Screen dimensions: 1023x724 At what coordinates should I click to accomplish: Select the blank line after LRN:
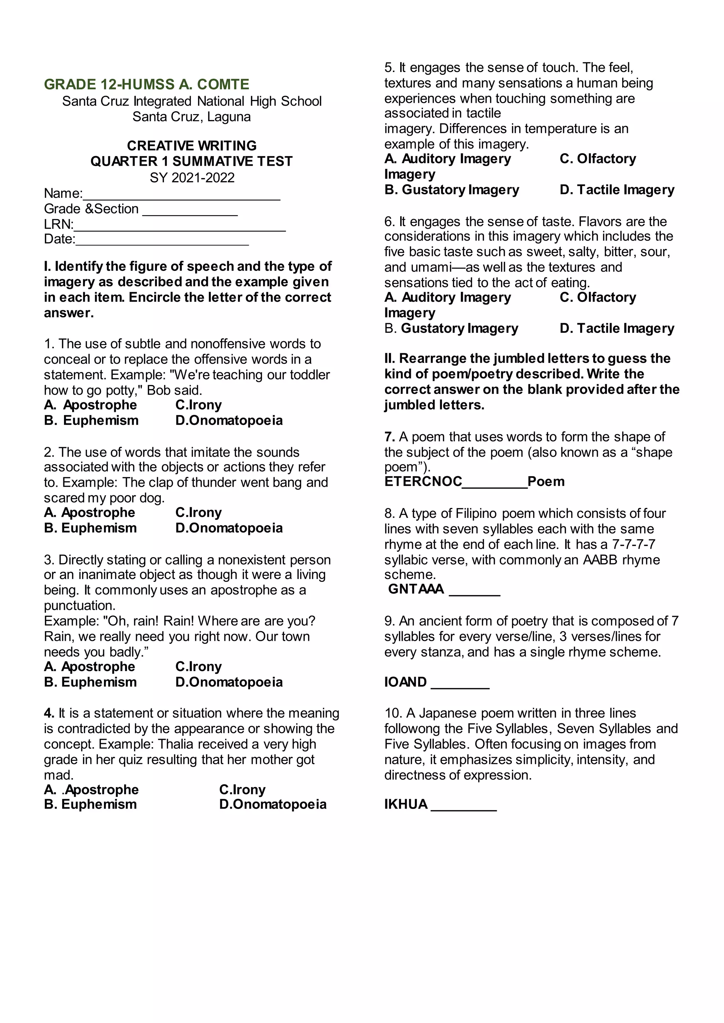[179, 230]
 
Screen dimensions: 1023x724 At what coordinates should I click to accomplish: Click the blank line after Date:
[162, 244]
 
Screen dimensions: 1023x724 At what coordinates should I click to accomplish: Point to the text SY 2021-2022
[192, 178]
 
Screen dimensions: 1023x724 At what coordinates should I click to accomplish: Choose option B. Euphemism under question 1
[92, 420]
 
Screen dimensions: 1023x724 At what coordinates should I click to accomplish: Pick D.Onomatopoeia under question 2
[229, 528]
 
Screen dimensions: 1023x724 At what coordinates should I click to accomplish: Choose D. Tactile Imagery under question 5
[617, 190]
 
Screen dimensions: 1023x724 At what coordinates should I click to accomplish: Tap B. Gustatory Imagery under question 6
[451, 329]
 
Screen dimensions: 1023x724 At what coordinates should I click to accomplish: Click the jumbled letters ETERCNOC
[423, 481]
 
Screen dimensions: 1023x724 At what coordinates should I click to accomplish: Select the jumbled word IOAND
[405, 682]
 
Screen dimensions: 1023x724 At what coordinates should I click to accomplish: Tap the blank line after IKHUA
[464, 809]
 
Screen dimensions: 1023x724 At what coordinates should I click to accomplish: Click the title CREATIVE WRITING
[192, 146]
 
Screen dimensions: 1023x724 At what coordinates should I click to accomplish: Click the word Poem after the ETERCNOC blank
[546, 481]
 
